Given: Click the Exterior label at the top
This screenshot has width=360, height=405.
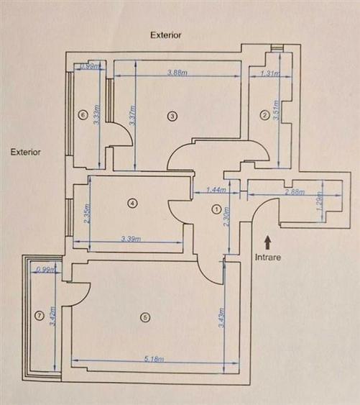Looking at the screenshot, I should tap(165, 35).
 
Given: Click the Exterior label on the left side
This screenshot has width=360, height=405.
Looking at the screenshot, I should tap(26, 153).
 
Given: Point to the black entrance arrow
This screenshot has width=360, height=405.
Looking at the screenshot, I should tap(269, 240).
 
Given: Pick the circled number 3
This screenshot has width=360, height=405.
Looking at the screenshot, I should tap(172, 115).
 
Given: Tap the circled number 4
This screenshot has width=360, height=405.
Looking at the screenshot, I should tap(131, 204).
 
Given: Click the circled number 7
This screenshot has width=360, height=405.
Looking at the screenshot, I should tap(39, 314).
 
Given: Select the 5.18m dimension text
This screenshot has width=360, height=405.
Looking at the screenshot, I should tap(154, 359).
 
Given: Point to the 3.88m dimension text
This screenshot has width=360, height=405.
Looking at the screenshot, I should tap(177, 73).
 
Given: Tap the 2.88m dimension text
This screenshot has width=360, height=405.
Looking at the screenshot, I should tap(294, 193).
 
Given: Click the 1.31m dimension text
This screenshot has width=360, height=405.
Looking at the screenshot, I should tap(269, 73).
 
